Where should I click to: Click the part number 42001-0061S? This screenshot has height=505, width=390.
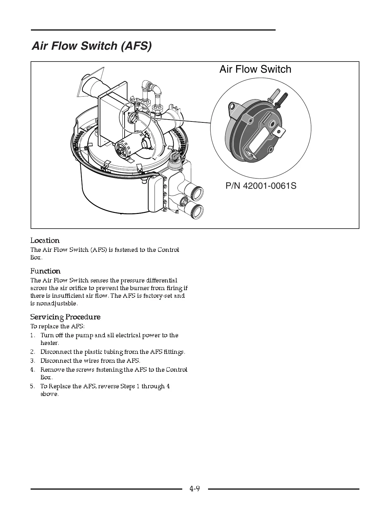point(269,186)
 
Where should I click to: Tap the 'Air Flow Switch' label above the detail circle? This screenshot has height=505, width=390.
point(255,69)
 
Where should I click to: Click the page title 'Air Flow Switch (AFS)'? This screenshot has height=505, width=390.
point(91,46)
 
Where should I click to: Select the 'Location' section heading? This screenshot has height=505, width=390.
point(45,240)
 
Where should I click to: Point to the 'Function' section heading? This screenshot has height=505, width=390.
point(45,271)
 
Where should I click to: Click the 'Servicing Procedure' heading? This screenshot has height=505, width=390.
point(65,317)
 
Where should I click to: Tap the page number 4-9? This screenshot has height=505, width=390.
point(194,488)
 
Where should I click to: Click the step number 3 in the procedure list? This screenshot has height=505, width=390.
point(32,361)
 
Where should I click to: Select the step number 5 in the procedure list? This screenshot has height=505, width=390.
point(32,386)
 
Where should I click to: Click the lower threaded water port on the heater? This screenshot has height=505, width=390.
point(196,211)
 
